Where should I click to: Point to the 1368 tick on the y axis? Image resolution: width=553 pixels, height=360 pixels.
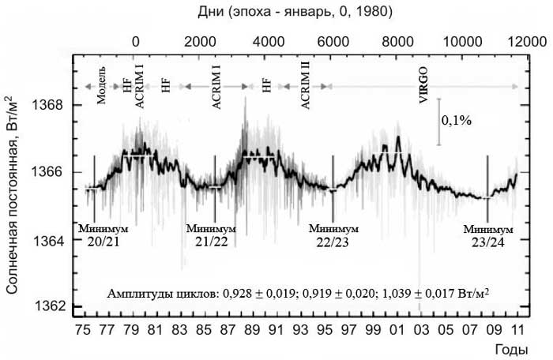coord(51,105)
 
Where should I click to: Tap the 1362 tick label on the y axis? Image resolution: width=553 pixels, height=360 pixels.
coord(51,306)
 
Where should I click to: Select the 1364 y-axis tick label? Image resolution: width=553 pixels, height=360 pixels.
coord(51,240)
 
